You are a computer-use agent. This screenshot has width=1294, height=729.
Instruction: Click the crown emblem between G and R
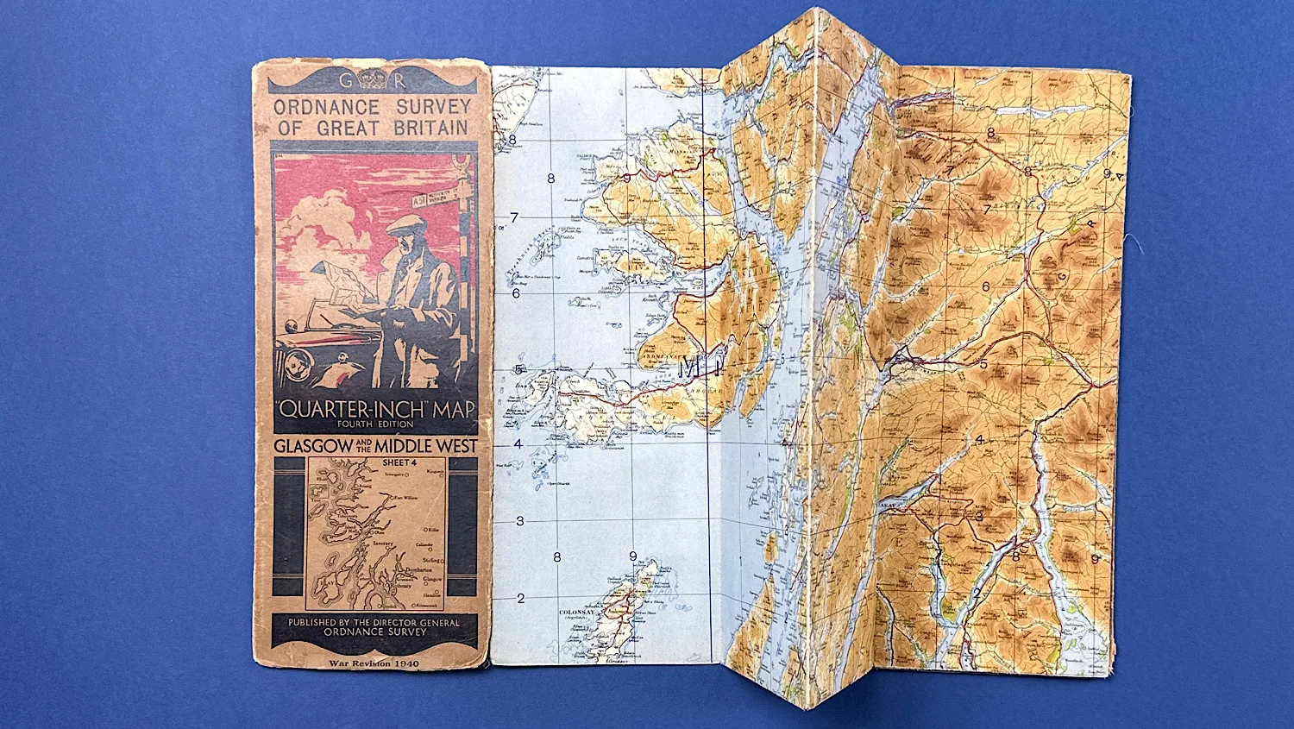373,79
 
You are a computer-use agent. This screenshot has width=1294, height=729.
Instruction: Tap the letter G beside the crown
345,81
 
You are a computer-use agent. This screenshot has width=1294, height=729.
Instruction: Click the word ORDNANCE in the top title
326,108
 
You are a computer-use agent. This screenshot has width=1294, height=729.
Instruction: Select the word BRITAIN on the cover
430,128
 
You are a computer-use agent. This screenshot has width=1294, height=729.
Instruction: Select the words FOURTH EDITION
374,424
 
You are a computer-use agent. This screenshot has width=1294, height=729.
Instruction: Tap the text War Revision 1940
374,663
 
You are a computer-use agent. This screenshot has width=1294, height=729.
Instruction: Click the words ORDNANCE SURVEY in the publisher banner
374,632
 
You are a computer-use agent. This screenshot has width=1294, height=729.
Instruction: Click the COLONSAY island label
576,613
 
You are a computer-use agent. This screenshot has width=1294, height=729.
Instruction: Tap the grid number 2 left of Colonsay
521,598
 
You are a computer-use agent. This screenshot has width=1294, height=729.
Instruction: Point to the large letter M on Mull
691,369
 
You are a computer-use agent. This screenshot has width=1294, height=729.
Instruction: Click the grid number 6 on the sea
517,293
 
